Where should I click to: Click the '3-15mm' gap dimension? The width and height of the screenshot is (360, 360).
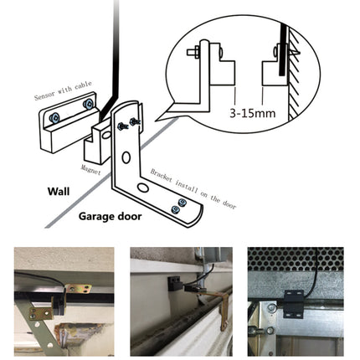[250, 109]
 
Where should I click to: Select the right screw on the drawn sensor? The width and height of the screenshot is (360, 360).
[88, 105]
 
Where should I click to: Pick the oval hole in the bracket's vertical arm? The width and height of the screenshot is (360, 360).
[125, 157]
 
